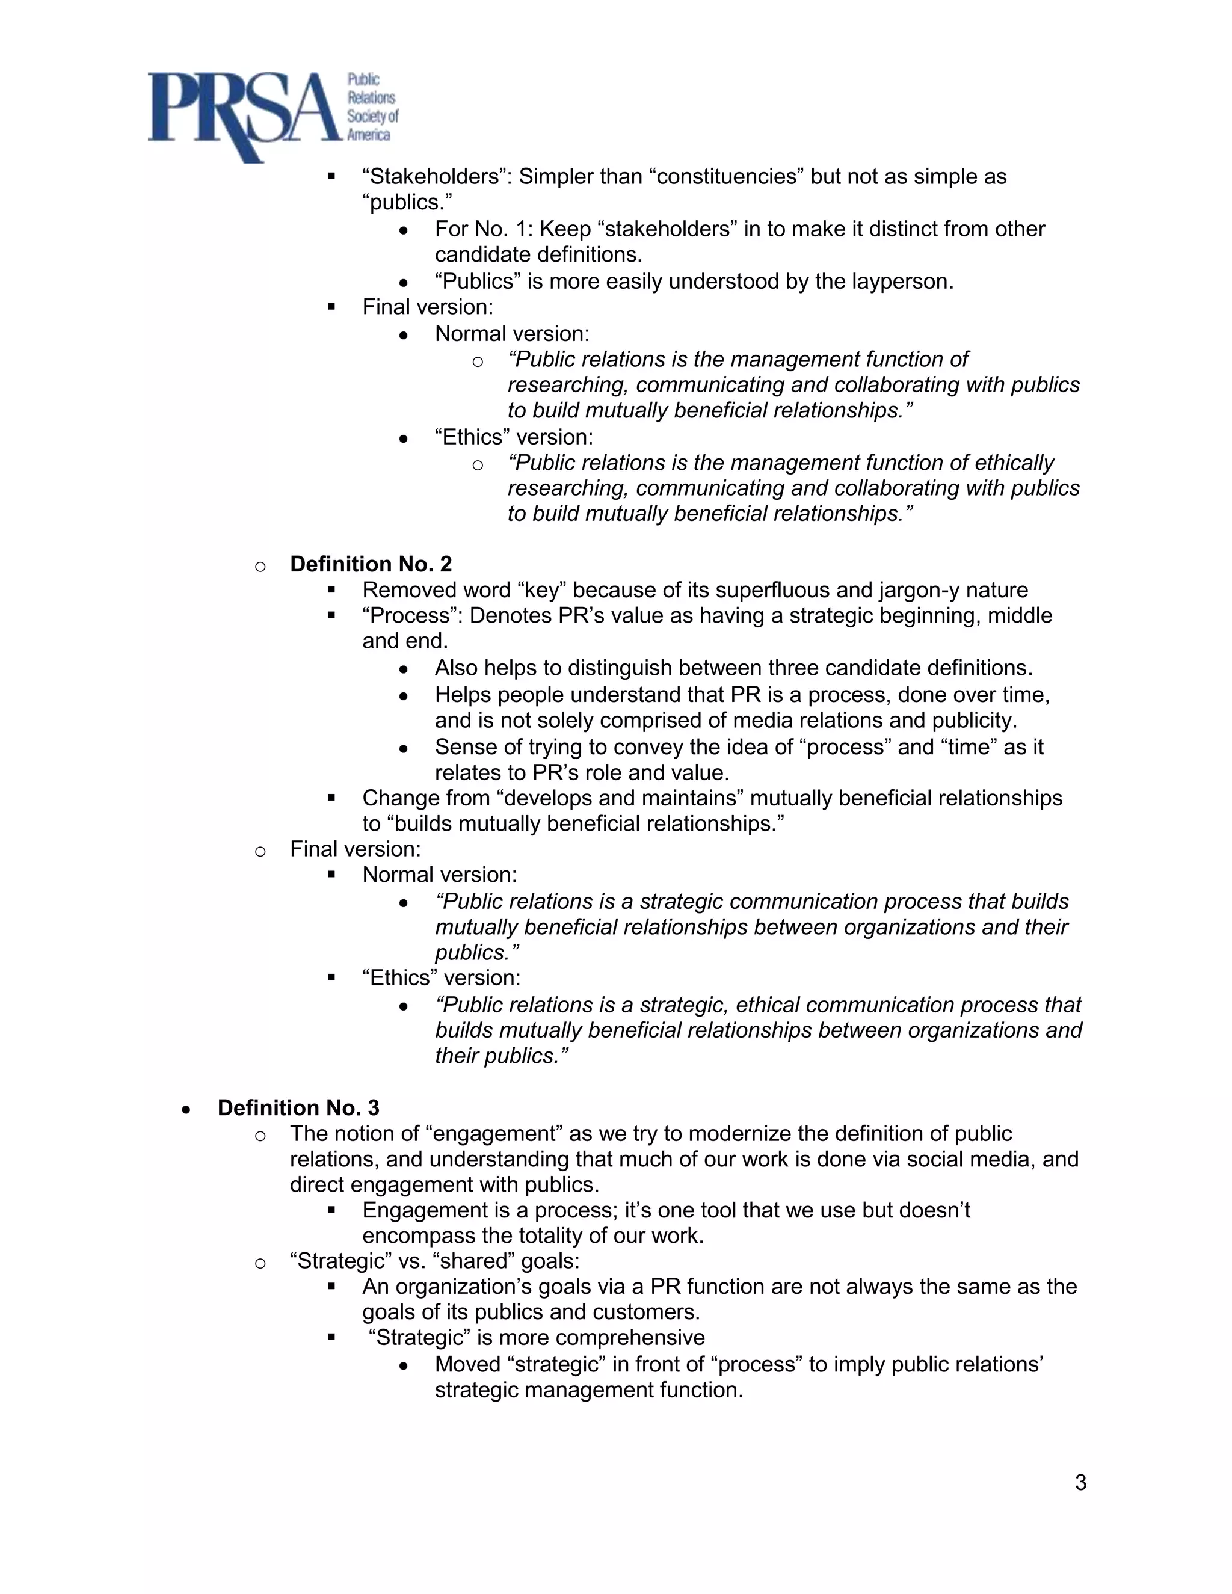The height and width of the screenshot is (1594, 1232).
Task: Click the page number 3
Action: point(1080,1482)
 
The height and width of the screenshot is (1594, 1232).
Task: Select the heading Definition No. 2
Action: point(371,564)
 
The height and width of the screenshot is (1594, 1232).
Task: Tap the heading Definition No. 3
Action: point(298,1108)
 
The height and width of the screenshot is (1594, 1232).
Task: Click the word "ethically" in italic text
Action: point(1014,463)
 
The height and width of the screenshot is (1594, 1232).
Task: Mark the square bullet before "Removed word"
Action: point(331,589)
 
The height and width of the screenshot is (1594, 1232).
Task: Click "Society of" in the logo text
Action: point(372,116)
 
